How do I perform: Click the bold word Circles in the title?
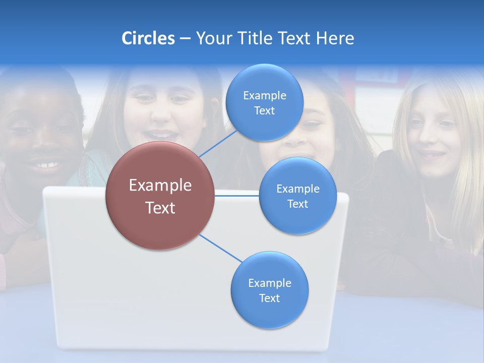coord(148,38)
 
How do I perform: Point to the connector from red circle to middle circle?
coord(237,196)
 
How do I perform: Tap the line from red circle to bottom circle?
coord(221,248)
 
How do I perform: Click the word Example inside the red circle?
coord(160,186)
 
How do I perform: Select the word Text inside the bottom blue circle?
coord(269,298)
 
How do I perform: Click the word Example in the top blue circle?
coord(264,95)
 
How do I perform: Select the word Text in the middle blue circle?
coord(297,204)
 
